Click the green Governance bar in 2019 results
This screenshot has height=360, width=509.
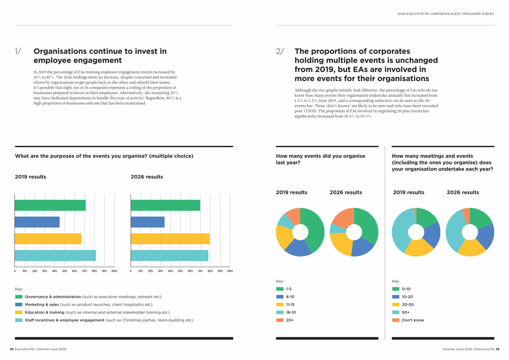tap(50, 205)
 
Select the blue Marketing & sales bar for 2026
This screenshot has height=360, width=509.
tap(147, 222)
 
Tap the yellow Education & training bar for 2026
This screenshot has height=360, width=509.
tap(170, 239)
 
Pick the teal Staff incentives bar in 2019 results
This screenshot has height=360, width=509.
tap(55, 256)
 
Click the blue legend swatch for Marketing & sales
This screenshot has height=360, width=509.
tap(19, 304)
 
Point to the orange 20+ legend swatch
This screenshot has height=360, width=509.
tap(280, 320)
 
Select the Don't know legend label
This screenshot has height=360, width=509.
tap(413, 320)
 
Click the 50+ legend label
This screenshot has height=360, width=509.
tap(406, 312)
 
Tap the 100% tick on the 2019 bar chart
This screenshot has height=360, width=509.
tap(114, 271)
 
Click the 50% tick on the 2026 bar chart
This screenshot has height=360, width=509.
tap(180, 271)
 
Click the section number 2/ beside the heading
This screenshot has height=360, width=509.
tap(280, 51)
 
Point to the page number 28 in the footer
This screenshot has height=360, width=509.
tap(11, 349)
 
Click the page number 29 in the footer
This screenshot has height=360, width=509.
tap(497, 349)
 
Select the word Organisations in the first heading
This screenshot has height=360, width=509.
tap(60, 51)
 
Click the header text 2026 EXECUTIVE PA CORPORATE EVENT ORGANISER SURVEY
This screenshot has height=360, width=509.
tap(446, 14)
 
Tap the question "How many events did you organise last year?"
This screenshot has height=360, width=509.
tap(320, 159)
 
